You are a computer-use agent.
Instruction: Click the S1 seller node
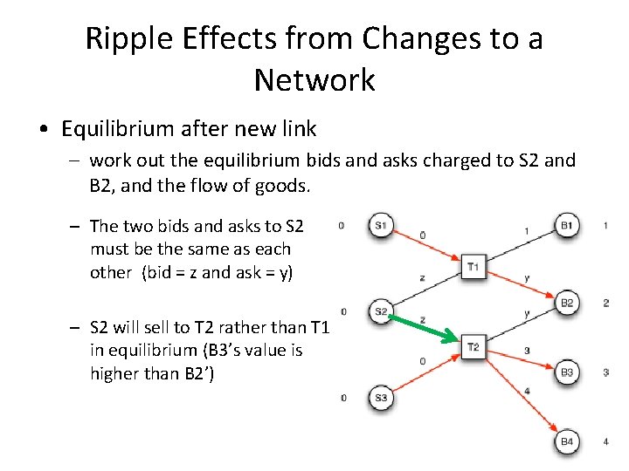381,225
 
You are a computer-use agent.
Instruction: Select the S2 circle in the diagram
381,311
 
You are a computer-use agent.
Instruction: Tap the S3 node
381,397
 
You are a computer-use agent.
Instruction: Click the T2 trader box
473,347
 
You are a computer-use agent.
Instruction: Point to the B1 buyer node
566,225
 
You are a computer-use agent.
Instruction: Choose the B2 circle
566,303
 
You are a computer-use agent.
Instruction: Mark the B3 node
566,372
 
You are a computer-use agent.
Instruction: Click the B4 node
566,442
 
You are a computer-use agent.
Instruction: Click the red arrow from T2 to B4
522,396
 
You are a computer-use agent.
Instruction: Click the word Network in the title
314,80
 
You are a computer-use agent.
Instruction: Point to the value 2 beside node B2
605,303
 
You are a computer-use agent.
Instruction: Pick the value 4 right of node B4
605,442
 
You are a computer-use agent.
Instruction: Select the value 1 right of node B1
605,225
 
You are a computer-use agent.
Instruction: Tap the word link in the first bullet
296,129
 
